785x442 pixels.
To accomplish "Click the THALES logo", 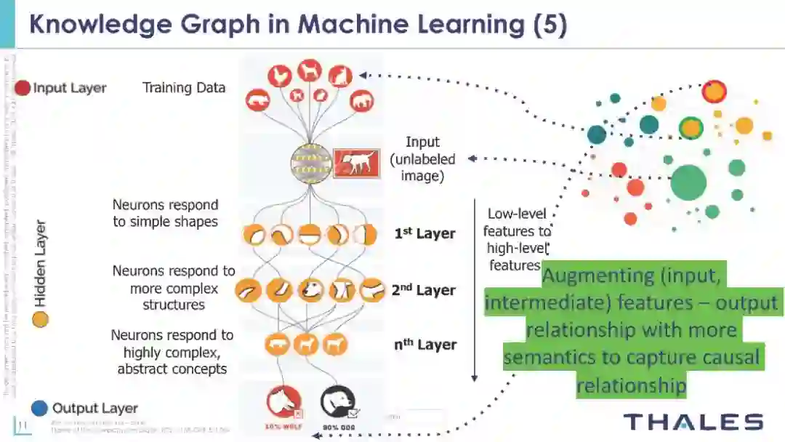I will [x=693, y=422].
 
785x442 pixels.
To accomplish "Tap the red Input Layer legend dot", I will [x=23, y=88].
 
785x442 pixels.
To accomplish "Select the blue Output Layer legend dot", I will [x=40, y=408].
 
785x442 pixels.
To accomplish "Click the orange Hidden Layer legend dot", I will [x=40, y=318].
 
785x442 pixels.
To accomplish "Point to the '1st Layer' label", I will [x=424, y=233].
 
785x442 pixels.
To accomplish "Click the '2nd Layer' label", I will [x=423, y=290].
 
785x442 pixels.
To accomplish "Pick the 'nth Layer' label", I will [x=425, y=345].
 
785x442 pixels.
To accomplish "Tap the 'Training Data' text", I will [x=184, y=88].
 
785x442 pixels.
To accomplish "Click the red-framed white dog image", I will [x=356, y=164].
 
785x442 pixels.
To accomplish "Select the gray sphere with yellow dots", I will [x=310, y=163].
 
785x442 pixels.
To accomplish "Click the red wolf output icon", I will [x=283, y=402].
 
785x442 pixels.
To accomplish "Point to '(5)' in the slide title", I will [x=549, y=24].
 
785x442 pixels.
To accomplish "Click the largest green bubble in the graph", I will [x=688, y=182].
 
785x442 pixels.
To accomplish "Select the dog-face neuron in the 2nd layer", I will [x=310, y=290].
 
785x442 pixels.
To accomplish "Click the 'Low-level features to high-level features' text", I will [x=518, y=239].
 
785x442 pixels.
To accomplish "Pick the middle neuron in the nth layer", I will [x=305, y=344].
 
